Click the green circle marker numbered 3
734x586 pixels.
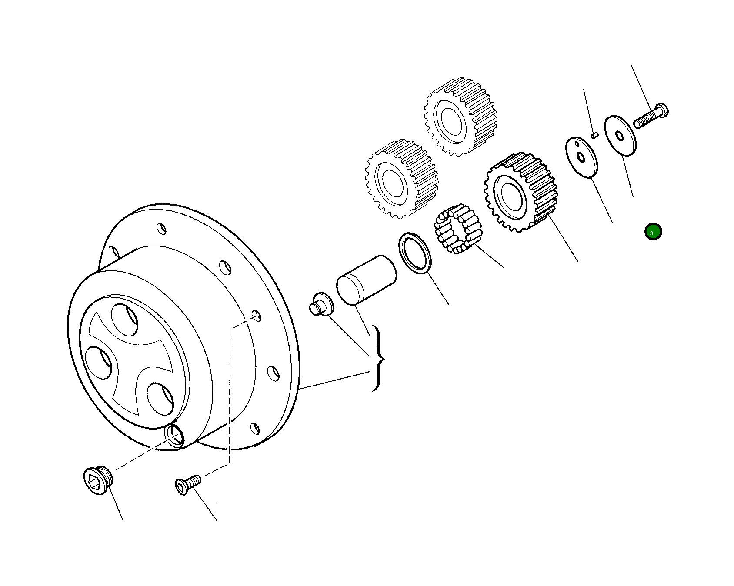point(653,232)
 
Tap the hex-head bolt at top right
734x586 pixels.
point(650,116)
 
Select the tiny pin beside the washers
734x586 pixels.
point(595,135)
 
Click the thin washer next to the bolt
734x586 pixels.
point(621,135)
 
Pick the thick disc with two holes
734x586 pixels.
point(581,157)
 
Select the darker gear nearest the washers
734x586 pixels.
point(520,191)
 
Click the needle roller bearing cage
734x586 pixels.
point(458,229)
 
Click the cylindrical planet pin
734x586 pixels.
point(366,279)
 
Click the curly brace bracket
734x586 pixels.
point(378,358)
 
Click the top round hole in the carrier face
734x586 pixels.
point(124,320)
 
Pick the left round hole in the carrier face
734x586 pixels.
point(99,363)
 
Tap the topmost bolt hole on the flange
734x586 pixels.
point(161,228)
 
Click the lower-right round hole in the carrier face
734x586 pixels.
point(160,398)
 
